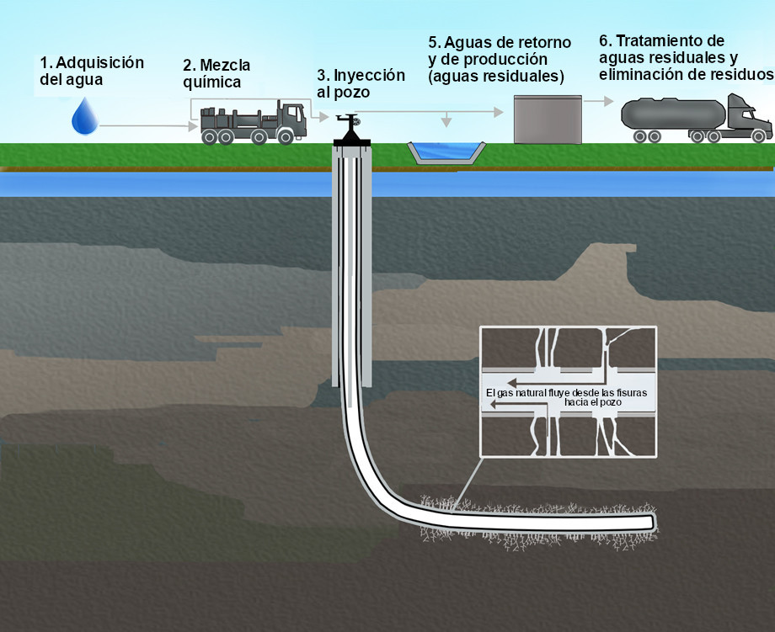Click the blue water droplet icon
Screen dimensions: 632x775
[x=84, y=117]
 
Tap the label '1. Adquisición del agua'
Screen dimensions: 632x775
[x=92, y=71]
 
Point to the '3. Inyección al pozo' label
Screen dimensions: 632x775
[x=361, y=82]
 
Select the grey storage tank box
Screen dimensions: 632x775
[x=548, y=119]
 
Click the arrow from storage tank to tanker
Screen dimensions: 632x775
[x=597, y=100]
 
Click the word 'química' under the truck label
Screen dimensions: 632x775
[x=211, y=82]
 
